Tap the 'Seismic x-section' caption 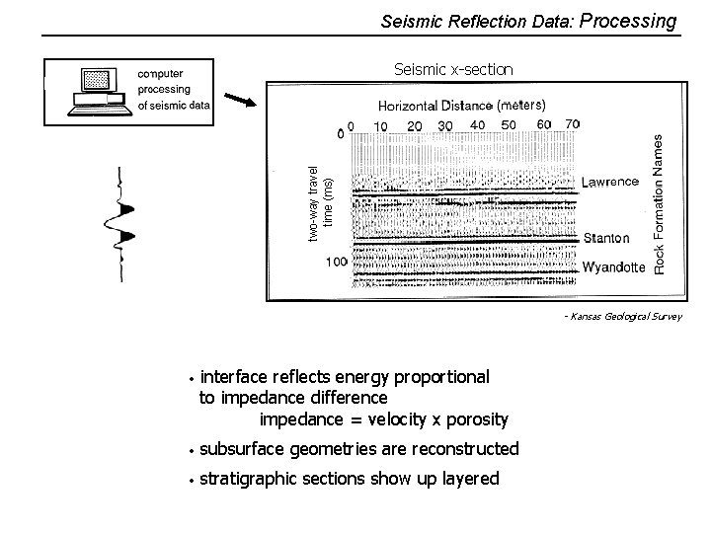pyautogui.click(x=453, y=69)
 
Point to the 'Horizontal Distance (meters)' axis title pyautogui.click(x=461, y=105)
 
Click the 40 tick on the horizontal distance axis pyautogui.click(x=477, y=125)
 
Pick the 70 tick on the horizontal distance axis pyautogui.click(x=573, y=124)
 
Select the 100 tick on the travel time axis pyautogui.click(x=336, y=262)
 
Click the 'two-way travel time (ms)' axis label pyautogui.click(x=321, y=203)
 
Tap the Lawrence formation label pyautogui.click(x=609, y=182)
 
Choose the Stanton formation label pyautogui.click(x=606, y=239)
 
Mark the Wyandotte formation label pyautogui.click(x=614, y=267)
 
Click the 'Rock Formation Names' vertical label pyautogui.click(x=660, y=205)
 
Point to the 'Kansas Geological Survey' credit pyautogui.click(x=624, y=317)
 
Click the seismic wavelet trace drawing pyautogui.click(x=125, y=225)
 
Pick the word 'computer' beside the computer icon pyautogui.click(x=159, y=73)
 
